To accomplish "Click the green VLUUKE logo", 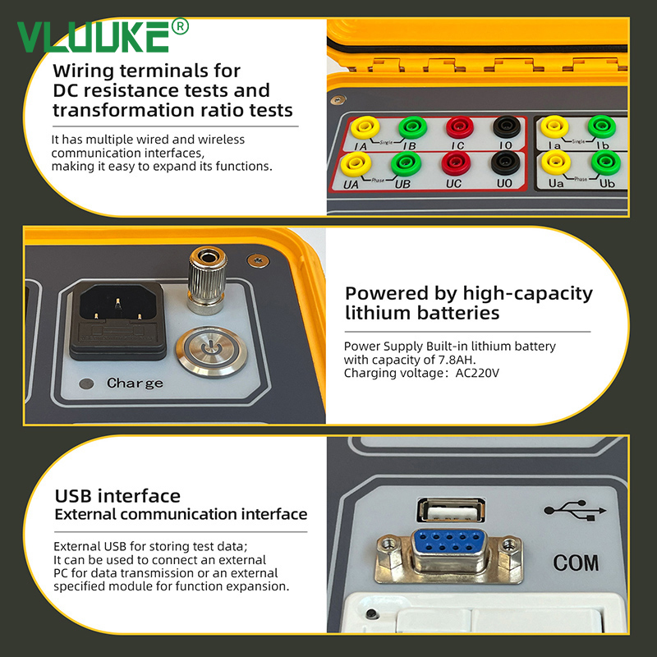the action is tap(103, 36).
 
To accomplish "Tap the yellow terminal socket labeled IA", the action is tap(365, 126).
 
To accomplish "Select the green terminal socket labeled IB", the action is tap(413, 127).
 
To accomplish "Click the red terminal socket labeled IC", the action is tap(460, 127).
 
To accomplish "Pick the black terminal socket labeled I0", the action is tap(507, 126).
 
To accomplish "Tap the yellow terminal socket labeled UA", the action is tap(356, 163).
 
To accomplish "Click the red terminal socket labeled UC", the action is tap(456, 163).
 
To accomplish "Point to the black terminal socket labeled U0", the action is tap(506, 163).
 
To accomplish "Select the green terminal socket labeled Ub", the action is tap(606, 163).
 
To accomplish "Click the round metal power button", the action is tap(211, 351).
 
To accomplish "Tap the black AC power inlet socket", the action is tap(117, 320).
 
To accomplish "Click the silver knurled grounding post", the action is tap(207, 280).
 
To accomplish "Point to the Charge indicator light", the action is tap(86, 384).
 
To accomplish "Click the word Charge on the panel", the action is tap(135, 383).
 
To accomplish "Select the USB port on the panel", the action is tap(451, 510).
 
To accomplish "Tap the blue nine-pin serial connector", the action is tap(449, 549).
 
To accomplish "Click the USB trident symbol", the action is tap(575, 510).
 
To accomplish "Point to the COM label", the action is tap(576, 563).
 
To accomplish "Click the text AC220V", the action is tap(477, 373).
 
